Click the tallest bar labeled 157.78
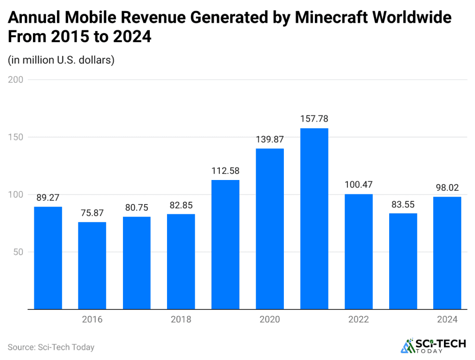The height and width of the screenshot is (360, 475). click(314, 218)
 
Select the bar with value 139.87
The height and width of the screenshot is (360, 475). click(270, 228)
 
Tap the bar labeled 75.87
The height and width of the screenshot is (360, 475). click(92, 265)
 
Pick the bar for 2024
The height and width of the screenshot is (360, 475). click(447, 253)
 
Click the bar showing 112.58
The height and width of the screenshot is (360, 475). click(225, 244)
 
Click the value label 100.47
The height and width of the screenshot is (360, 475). click(359, 184)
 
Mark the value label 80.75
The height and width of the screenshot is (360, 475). click(136, 207)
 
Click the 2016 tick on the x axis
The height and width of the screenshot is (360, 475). click(92, 320)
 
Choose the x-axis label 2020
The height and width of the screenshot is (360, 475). click(270, 320)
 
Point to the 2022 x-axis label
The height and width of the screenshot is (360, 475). click(359, 320)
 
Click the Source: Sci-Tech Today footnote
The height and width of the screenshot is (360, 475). click(51, 347)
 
